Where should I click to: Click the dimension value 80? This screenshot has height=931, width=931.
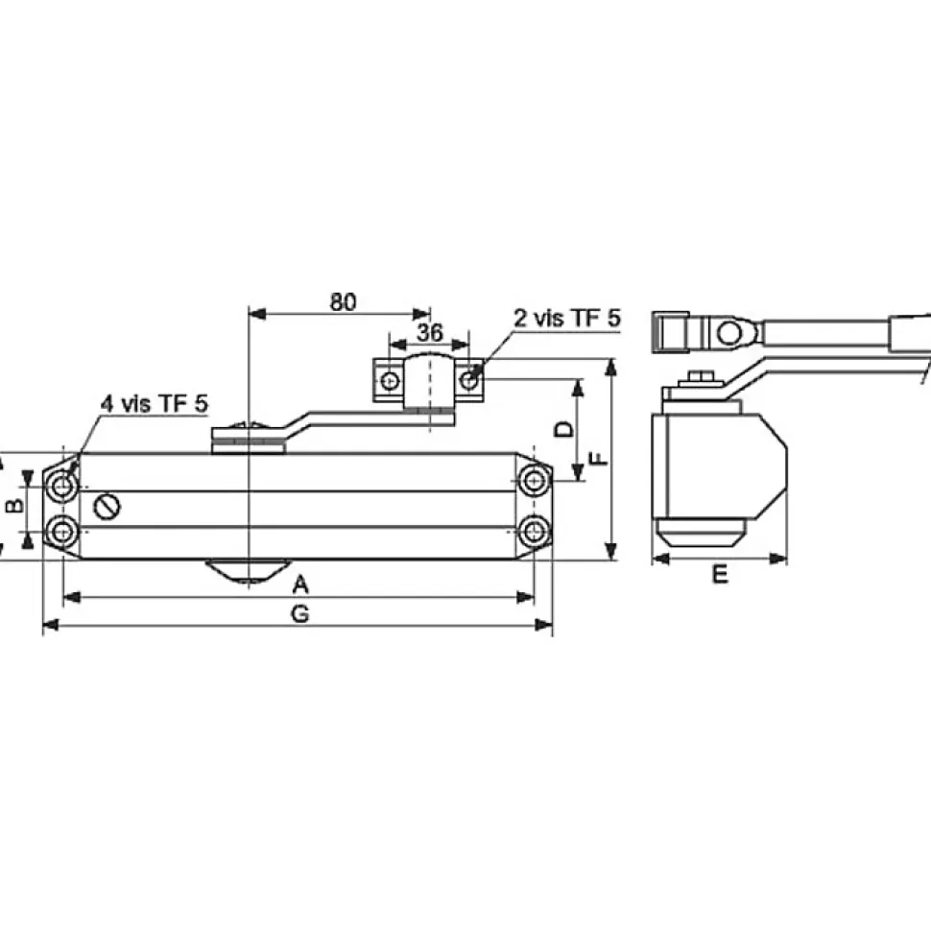click(344, 302)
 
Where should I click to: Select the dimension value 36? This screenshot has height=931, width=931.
click(429, 332)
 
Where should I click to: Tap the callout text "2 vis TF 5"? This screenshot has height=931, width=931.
click(567, 319)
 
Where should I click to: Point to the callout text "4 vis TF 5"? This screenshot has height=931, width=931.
click(155, 404)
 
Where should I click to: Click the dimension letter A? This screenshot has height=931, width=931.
click(301, 585)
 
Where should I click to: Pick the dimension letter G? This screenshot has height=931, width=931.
click(300, 613)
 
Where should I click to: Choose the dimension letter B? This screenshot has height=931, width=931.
click(14, 505)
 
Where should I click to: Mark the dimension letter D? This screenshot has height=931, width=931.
click(564, 429)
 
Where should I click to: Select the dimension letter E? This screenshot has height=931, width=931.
click(720, 574)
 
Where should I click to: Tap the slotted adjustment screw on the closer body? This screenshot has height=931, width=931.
click(107, 507)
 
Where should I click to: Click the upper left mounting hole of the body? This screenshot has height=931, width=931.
click(61, 487)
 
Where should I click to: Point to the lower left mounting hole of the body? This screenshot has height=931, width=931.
click(61, 531)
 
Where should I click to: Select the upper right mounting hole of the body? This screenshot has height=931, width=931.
click(534, 480)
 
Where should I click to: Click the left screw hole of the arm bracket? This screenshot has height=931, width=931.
click(390, 381)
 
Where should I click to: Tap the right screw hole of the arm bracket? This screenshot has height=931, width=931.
click(469, 380)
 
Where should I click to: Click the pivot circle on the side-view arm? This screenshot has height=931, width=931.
click(729, 332)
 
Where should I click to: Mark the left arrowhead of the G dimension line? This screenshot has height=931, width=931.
click(51, 625)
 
